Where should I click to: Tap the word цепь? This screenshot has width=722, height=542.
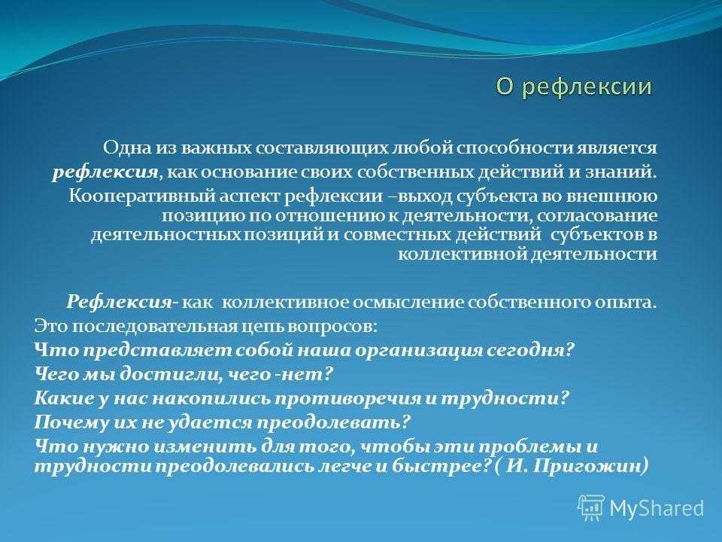pyautogui.click(x=262, y=327)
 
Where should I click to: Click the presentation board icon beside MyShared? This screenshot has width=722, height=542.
pyautogui.click(x=592, y=508)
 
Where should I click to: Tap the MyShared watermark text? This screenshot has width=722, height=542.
pyautogui.click(x=657, y=508)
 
